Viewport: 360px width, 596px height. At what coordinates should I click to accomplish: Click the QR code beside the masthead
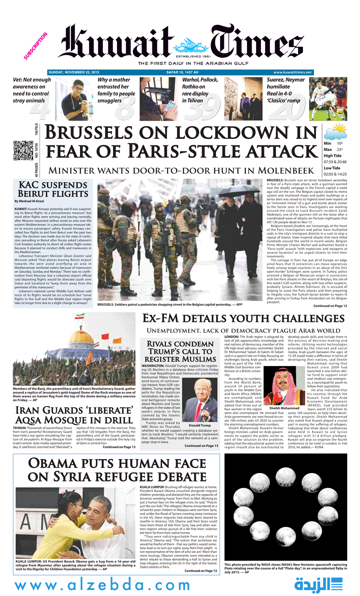[x=22, y=151]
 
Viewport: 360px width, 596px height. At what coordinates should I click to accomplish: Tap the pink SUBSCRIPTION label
[x=35, y=46]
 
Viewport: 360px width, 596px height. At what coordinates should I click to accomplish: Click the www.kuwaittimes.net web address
[x=292, y=73]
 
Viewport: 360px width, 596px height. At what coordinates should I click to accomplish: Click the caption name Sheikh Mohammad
[x=283, y=422]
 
